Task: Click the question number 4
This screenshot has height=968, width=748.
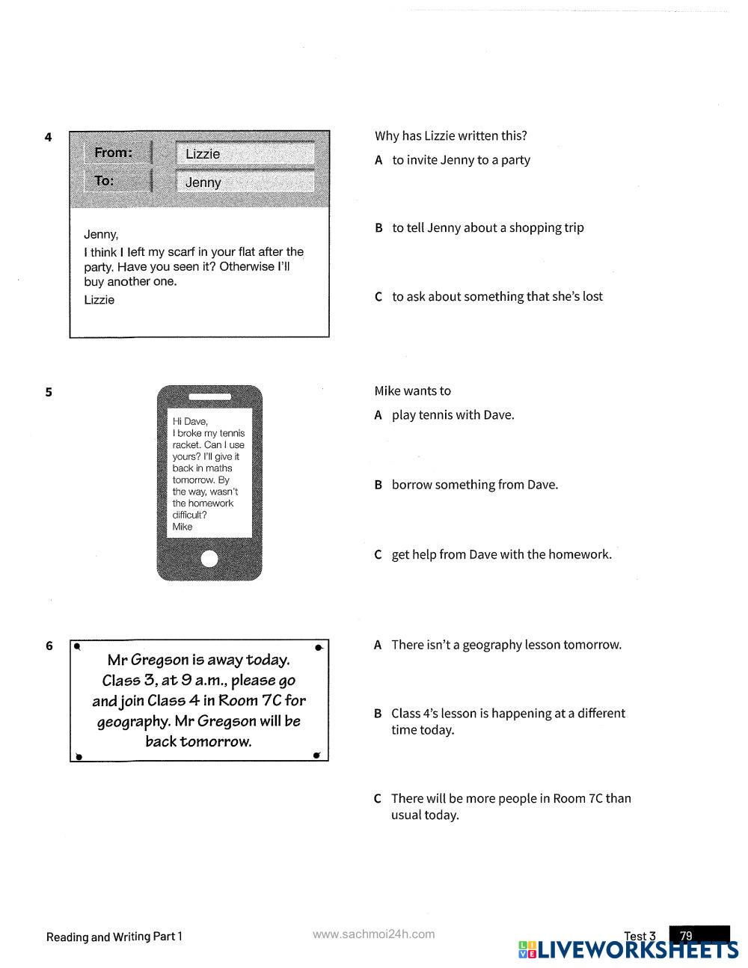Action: (x=49, y=137)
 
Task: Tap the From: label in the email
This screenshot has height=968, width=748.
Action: (x=113, y=153)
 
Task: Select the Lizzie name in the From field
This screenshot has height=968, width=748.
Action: (x=203, y=154)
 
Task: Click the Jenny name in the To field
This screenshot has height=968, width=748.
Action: (x=203, y=183)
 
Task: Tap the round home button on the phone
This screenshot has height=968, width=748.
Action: (x=209, y=559)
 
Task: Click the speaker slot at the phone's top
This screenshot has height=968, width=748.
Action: (x=209, y=396)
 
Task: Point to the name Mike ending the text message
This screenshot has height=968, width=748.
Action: (x=183, y=527)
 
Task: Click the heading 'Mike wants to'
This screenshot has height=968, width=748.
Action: (x=413, y=391)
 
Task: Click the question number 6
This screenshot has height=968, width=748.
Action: (x=49, y=646)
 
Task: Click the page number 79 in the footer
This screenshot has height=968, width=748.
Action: (x=687, y=936)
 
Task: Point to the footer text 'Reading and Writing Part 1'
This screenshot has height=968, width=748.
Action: (x=114, y=937)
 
